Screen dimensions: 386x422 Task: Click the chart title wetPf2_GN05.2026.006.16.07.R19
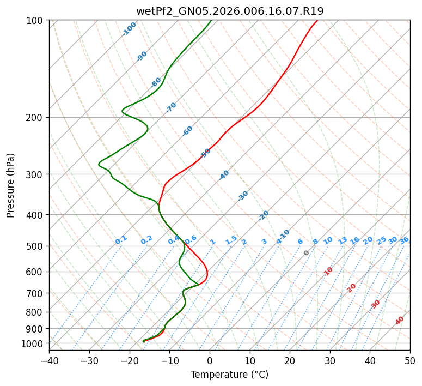pyautogui.click(x=229, y=11)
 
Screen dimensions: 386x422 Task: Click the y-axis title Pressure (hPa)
pyautogui.click(x=11, y=185)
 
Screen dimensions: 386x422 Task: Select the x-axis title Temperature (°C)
pyautogui.click(x=229, y=375)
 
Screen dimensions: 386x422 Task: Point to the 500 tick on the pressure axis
pyautogui.click(x=36, y=246)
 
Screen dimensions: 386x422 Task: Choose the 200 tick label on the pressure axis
pyautogui.click(x=36, y=118)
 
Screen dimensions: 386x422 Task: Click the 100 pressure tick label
pyautogui.click(x=36, y=21)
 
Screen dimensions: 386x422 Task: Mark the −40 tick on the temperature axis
pyautogui.click(x=49, y=360)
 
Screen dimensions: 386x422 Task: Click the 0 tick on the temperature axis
pyautogui.click(x=210, y=360)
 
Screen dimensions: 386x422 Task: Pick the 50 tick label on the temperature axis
pyautogui.click(x=410, y=360)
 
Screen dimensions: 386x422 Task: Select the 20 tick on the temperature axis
pyautogui.click(x=290, y=360)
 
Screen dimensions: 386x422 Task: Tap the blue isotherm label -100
pyautogui.click(x=129, y=29)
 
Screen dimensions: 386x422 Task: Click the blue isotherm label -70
pyautogui.click(x=172, y=107)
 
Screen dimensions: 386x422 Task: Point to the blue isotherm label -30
pyautogui.click(x=243, y=196)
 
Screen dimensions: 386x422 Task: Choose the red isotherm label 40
pyautogui.click(x=400, y=321)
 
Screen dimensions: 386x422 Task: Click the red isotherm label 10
pyautogui.click(x=328, y=271)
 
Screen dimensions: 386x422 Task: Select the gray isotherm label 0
pyautogui.click(x=307, y=253)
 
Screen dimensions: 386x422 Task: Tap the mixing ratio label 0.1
pyautogui.click(x=121, y=240)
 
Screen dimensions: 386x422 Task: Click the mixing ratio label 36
pyautogui.click(x=404, y=240)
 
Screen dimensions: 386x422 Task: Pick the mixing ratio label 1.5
pyautogui.click(x=231, y=240)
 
